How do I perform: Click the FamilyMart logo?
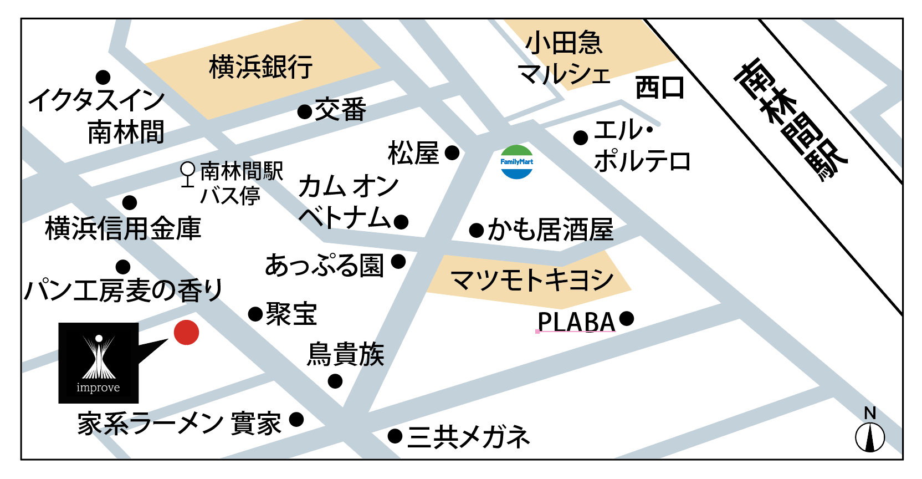coord(516,162)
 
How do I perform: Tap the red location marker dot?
coord(186,333)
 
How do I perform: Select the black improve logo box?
coord(99,363)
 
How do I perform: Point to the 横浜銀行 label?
coord(260,67)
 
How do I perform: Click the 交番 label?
coord(340,110)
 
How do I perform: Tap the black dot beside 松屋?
coord(452,152)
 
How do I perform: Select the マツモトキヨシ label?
coord(532,280)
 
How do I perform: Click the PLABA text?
coord(576,322)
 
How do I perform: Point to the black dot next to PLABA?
coord(627,319)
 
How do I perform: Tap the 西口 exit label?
coord(660,88)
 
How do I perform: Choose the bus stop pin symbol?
coord(188,174)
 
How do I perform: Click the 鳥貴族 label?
coord(346,354)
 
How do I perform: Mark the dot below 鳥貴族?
coord(335,381)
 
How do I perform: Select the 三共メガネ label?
coord(469,437)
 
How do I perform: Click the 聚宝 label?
coord(291,314)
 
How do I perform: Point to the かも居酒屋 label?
coord(550,230)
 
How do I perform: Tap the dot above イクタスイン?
coord(103,77)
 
